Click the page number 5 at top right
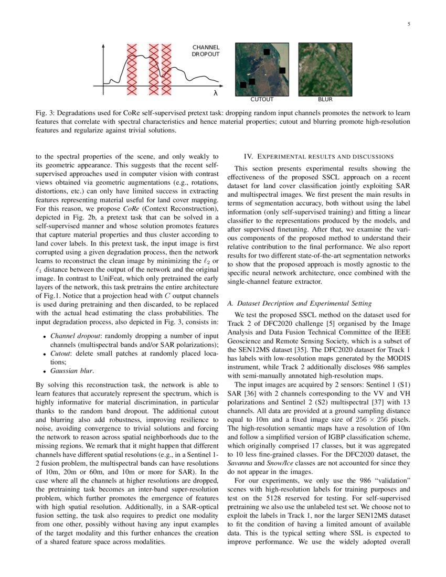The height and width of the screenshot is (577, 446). coord(408,24)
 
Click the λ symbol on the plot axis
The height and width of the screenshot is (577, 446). coord(215,93)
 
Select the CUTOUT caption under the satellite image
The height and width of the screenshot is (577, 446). coord(262,99)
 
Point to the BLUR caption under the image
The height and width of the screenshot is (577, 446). coord(325,99)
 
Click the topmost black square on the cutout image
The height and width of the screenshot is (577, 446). coord(267,51)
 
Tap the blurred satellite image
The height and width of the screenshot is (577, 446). coord(325,69)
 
